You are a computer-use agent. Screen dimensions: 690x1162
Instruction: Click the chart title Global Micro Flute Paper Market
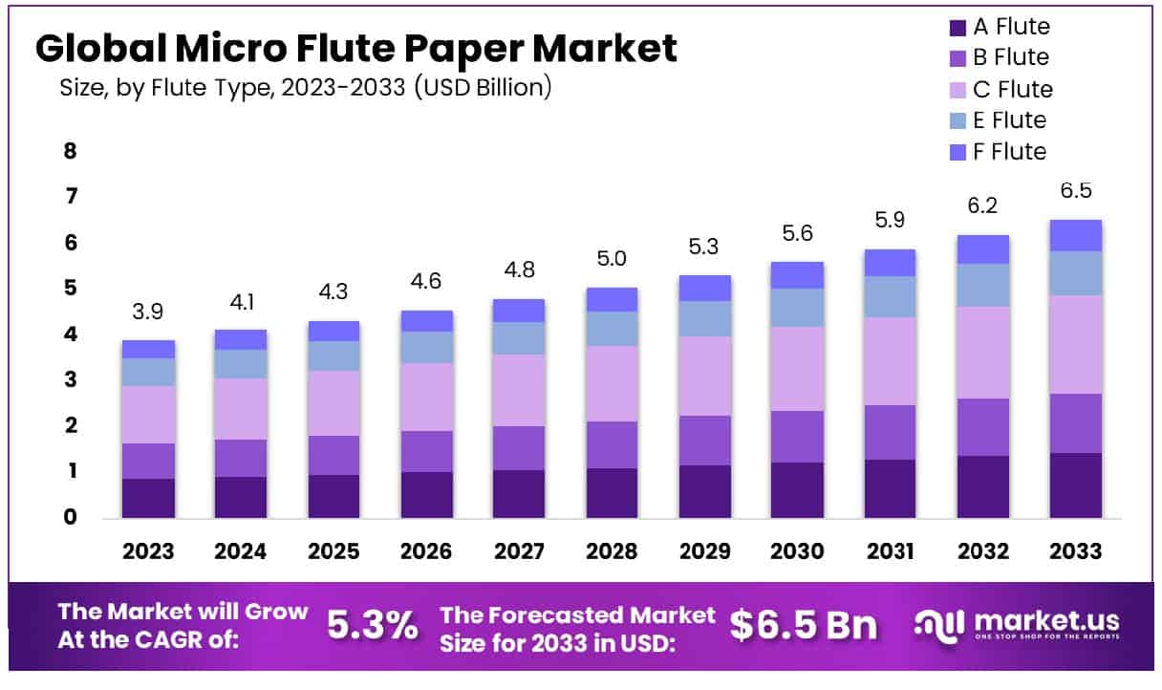(x=355, y=48)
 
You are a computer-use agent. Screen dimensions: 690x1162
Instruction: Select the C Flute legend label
(x=1013, y=90)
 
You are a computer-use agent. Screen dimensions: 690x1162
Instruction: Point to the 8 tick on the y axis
(x=70, y=152)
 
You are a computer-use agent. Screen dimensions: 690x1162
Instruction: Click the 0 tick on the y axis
(x=70, y=518)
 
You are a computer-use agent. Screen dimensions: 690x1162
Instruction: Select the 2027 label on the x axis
(x=520, y=551)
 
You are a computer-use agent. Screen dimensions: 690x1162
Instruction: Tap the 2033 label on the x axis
(x=1075, y=551)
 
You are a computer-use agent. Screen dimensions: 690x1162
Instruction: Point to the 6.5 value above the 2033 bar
(x=1075, y=190)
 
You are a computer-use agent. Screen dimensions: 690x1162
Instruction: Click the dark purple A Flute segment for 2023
(x=149, y=498)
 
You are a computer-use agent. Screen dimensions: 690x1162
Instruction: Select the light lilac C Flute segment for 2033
(x=1075, y=344)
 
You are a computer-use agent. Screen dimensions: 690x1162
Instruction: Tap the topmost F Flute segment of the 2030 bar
(x=797, y=275)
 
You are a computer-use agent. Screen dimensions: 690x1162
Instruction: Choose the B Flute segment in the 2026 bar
(x=426, y=451)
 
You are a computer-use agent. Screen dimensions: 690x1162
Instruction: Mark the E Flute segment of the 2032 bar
(x=982, y=285)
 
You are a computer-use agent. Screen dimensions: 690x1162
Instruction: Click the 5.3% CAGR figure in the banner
(x=373, y=625)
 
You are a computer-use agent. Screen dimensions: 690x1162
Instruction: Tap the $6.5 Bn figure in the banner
(x=803, y=625)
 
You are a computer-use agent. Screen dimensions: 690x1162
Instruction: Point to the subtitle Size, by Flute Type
(x=306, y=88)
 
